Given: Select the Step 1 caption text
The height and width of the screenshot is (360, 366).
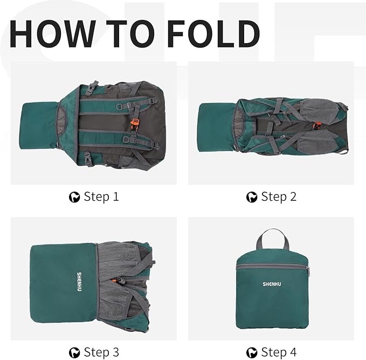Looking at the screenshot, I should tap(101, 196).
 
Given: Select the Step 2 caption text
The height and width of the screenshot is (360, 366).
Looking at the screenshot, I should tap(279, 196).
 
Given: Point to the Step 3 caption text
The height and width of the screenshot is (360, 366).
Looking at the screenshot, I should tap(101, 352).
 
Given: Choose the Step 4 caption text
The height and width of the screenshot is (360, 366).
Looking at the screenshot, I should tap(279, 352).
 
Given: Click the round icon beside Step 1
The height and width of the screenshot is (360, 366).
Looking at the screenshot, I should tap(74, 197).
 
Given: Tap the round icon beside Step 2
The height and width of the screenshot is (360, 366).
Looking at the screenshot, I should tap(252, 197).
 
